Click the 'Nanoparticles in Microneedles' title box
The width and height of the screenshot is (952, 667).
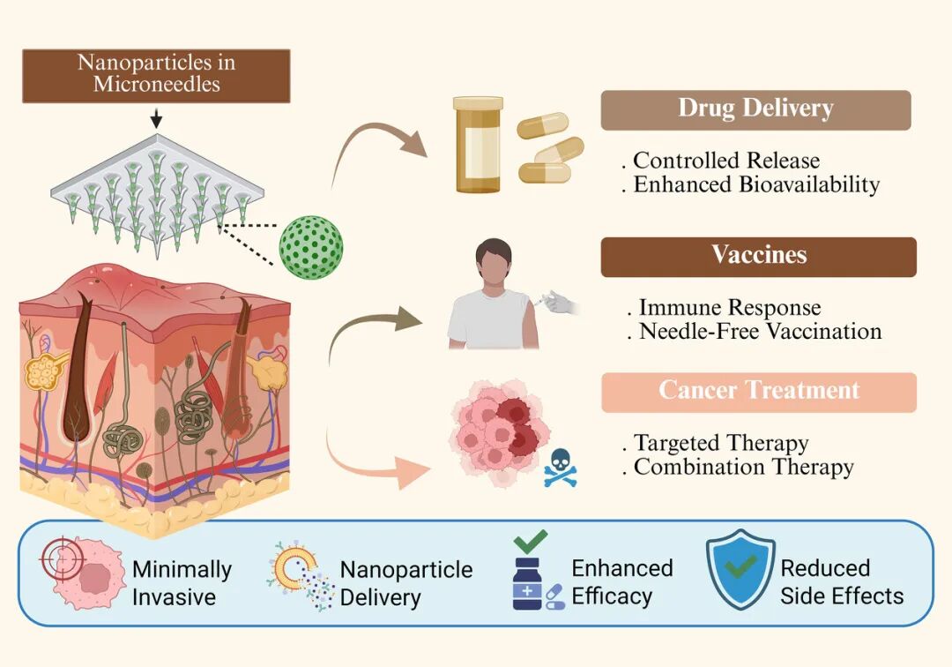click(x=156, y=76)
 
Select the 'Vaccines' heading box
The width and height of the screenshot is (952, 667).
click(x=758, y=257)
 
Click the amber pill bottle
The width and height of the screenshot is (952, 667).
click(x=478, y=144)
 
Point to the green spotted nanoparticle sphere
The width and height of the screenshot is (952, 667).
click(x=311, y=247)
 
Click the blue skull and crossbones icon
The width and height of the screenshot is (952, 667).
click(x=560, y=468)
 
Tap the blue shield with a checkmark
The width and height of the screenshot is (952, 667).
click(x=740, y=568)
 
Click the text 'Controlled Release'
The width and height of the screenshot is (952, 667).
click(x=726, y=161)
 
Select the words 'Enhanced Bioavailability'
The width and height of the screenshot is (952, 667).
click(x=756, y=184)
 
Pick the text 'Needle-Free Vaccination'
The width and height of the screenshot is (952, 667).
click(x=760, y=332)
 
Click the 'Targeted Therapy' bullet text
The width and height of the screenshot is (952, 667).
click(x=721, y=444)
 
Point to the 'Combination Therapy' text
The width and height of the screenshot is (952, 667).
click(x=744, y=467)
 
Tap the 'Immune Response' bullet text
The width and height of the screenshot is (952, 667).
click(x=730, y=308)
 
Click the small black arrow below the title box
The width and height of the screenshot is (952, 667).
click(x=156, y=118)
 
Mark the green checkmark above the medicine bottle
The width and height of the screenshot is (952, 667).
click(x=531, y=541)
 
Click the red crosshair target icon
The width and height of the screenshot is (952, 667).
click(x=63, y=558)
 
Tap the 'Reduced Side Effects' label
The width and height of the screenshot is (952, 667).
click(x=842, y=582)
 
